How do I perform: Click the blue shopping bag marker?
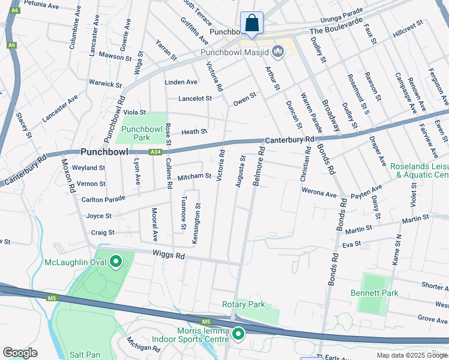[252, 23]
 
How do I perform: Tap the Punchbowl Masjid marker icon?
[278, 52]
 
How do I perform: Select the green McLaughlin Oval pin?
[115, 262]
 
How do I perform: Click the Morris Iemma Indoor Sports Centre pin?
[238, 333]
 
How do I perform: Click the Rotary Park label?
[243, 304]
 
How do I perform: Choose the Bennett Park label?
[375, 293]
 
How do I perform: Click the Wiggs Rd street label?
[169, 256]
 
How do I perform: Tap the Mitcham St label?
[194, 176]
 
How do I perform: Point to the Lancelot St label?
[195, 98]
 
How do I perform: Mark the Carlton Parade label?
[103, 199]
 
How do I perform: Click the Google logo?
[20, 353]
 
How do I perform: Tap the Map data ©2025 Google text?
[411, 355]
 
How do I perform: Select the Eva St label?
[351, 244]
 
